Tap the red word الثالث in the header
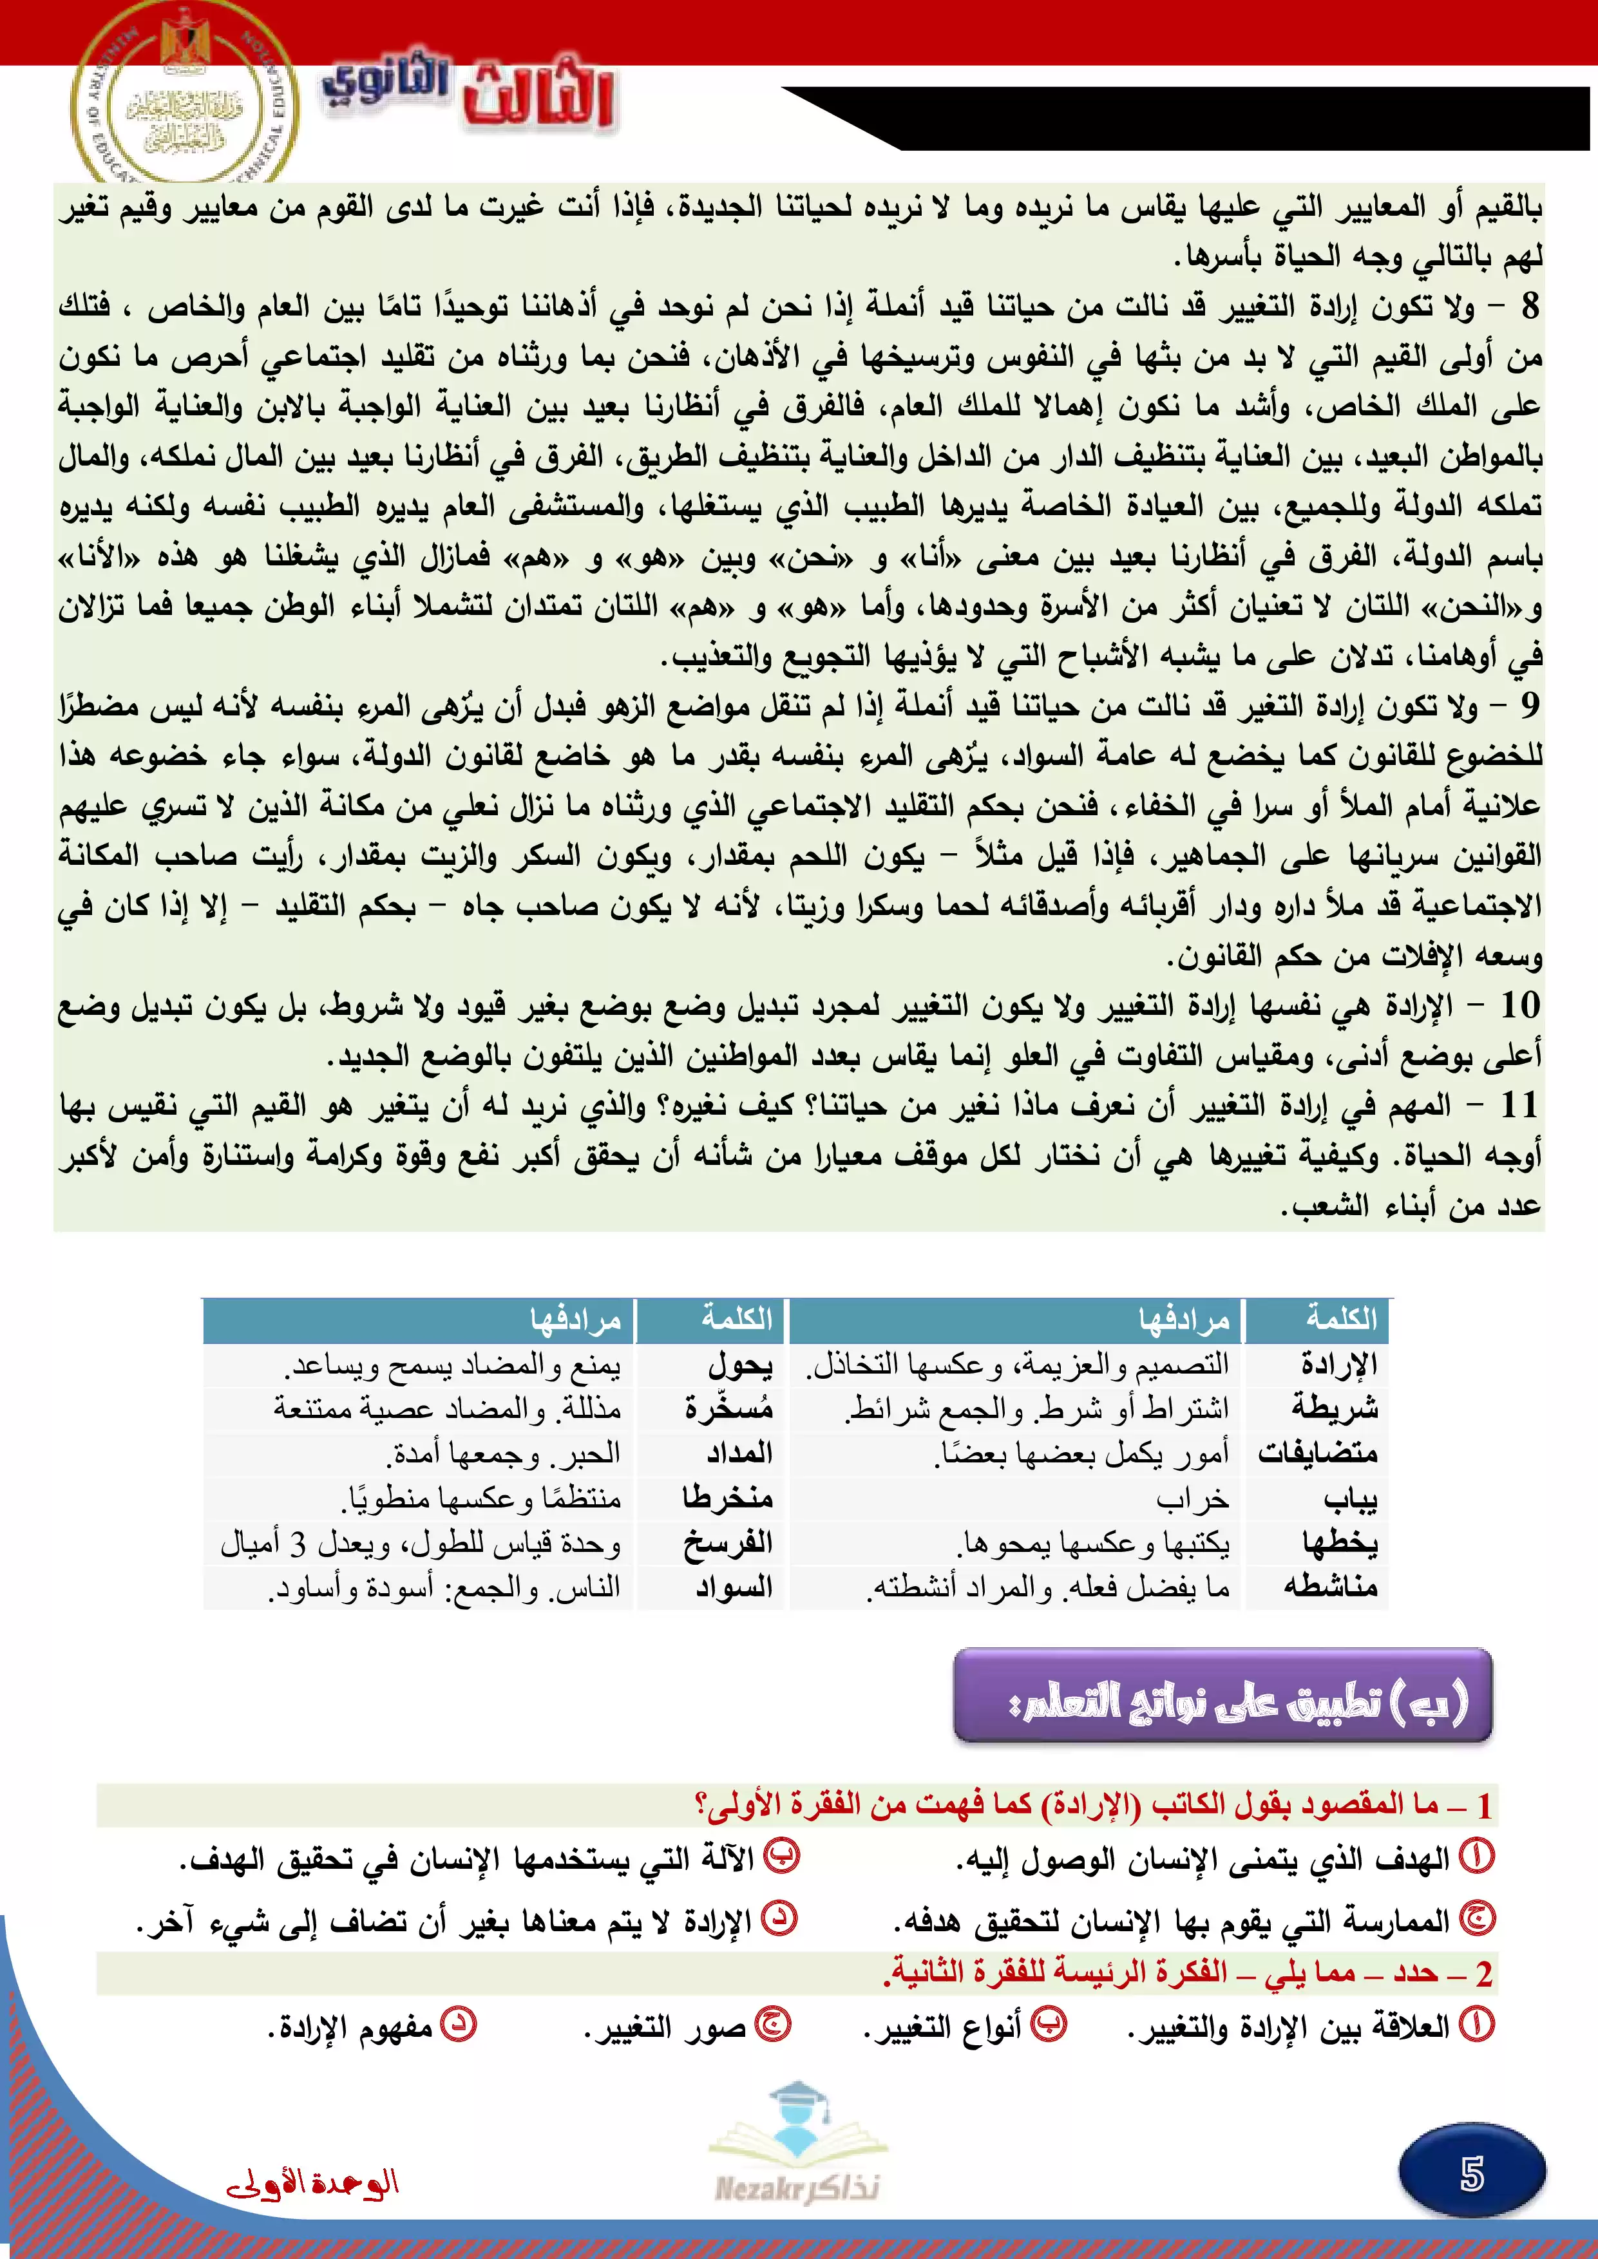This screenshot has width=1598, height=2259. [x=539, y=95]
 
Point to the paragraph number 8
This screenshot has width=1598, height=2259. [x=1529, y=306]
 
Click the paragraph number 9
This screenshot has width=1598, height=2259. [x=1529, y=704]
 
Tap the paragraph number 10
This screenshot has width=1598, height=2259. [x=1519, y=1005]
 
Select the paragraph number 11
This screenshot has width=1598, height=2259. [x=1519, y=1105]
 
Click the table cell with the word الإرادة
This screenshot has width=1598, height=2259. [x=1338, y=1364]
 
